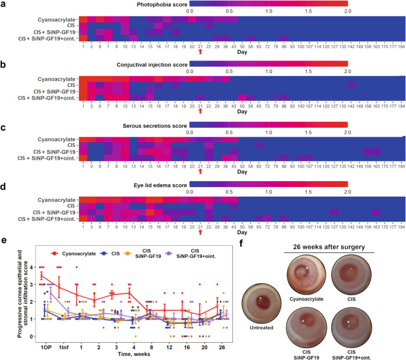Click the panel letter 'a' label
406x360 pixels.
point(5,5)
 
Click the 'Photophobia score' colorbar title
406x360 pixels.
point(267,4)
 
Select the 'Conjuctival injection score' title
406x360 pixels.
point(267,62)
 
